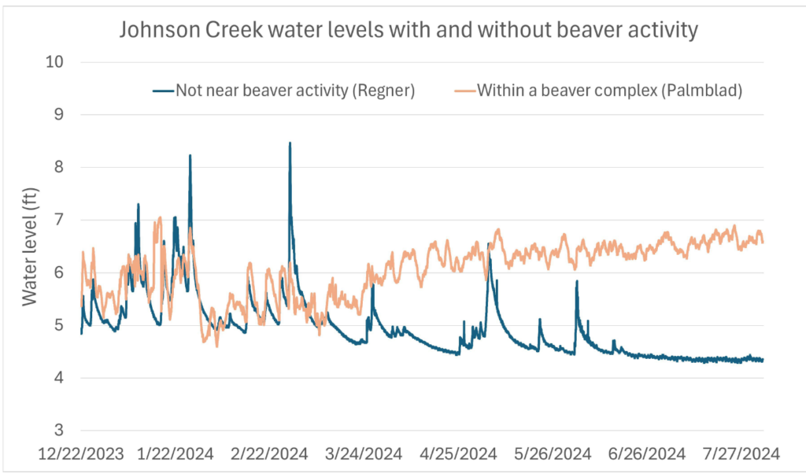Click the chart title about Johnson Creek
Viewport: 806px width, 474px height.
[409, 30]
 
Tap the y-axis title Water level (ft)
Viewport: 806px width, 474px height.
[29, 246]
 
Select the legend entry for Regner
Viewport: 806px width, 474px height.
[284, 91]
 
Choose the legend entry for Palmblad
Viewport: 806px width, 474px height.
[598, 91]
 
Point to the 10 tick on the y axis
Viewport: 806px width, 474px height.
[54, 61]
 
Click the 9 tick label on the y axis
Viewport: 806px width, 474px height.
[58, 114]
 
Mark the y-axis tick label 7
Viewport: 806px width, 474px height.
[58, 220]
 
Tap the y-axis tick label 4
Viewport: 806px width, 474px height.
[58, 377]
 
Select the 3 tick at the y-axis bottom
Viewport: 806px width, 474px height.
[58, 430]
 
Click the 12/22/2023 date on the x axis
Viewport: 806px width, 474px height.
[81, 454]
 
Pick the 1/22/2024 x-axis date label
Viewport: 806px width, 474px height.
[176, 454]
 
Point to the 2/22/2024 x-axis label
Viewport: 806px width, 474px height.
[269, 454]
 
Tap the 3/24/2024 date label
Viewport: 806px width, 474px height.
[364, 454]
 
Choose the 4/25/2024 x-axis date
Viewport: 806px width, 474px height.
[459, 454]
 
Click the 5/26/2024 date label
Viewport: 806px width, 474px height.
[553, 454]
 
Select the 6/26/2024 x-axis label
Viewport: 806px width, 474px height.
[647, 454]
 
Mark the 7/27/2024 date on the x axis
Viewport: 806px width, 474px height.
[741, 454]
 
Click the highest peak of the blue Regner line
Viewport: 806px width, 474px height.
[290, 143]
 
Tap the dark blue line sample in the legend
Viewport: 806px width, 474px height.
[163, 91]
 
